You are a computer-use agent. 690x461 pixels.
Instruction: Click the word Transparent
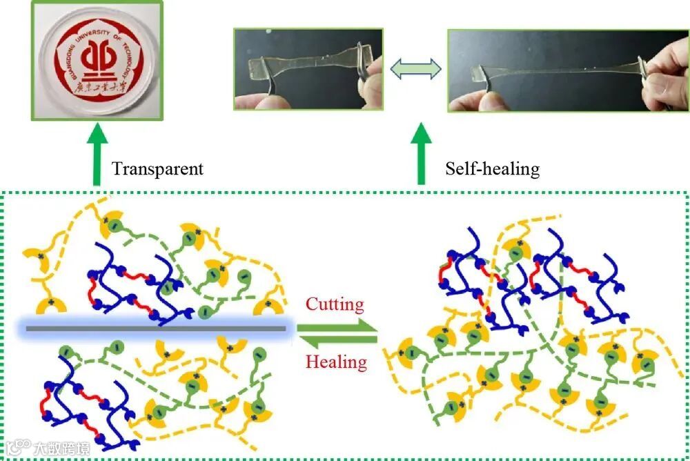click(157, 169)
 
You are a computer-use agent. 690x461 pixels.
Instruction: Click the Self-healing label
click(492, 168)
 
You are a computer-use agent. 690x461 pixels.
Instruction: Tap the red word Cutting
click(335, 304)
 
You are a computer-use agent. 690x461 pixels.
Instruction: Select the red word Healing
click(336, 362)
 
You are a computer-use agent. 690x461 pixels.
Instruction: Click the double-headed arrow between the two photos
click(415, 70)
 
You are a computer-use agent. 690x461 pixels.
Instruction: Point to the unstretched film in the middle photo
click(304, 68)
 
